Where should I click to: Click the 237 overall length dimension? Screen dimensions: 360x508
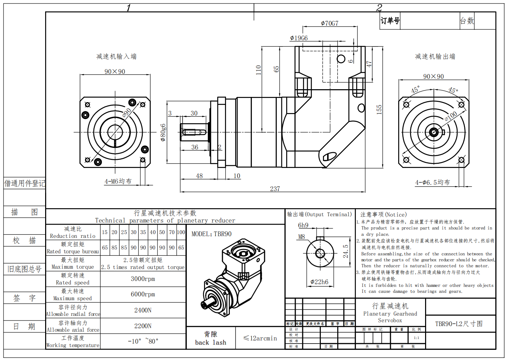point(275,189)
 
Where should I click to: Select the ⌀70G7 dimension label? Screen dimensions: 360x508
point(330,23)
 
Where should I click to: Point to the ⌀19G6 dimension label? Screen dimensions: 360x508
point(299,38)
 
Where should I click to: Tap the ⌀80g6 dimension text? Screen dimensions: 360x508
point(163,132)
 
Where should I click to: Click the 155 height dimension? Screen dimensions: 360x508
point(379,110)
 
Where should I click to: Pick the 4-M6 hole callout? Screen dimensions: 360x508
point(118,181)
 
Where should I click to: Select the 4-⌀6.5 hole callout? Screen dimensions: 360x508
point(432,182)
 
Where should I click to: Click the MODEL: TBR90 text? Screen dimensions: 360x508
point(211,234)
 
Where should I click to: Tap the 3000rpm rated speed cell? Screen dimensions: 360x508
point(143,279)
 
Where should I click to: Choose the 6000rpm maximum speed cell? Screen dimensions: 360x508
point(143,294)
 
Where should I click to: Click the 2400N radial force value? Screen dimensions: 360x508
point(143,310)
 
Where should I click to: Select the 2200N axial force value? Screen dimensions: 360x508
point(143,326)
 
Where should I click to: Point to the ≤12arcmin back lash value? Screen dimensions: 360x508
point(260,338)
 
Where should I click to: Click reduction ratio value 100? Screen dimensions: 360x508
point(181,232)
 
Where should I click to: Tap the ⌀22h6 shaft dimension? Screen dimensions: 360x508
point(319,282)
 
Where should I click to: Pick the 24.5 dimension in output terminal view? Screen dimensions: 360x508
point(346,252)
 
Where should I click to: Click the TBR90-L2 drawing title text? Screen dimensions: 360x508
point(459,324)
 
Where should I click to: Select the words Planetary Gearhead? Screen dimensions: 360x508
point(390,314)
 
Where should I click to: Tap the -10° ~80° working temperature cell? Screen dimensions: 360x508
point(143,341)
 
